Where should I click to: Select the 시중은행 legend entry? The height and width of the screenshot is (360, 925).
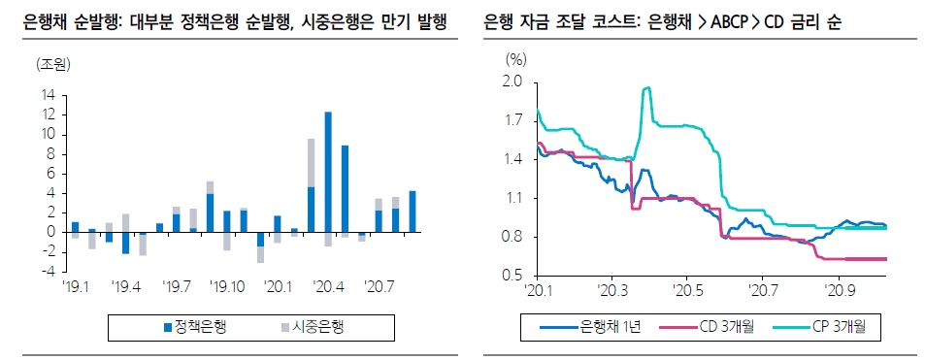click(314, 326)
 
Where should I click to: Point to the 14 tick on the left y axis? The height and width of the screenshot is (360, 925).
click(47, 95)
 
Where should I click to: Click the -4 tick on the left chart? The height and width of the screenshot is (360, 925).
click(47, 271)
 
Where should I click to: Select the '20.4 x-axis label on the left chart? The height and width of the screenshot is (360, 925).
click(327, 287)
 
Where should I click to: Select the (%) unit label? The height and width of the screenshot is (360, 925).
click(515, 59)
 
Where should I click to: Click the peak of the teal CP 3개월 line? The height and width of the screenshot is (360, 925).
click(646, 88)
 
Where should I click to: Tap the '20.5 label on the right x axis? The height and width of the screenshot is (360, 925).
click(687, 288)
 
